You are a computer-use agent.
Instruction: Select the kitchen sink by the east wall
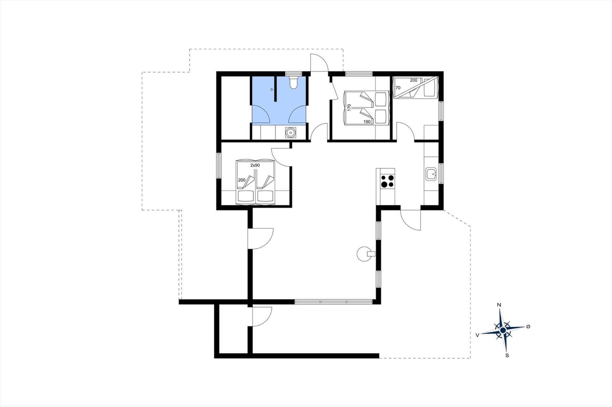[431, 174]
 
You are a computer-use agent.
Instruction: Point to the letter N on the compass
[499, 305]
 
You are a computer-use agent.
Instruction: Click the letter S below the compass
[507, 355]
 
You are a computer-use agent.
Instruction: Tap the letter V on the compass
[477, 335]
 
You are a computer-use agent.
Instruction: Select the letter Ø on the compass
[528, 326]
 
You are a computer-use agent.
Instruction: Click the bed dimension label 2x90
[255, 165]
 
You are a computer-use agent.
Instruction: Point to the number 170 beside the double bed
[349, 108]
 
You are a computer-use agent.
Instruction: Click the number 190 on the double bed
[367, 122]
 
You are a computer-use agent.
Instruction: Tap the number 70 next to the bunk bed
[398, 88]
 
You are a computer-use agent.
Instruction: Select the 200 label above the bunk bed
[413, 80]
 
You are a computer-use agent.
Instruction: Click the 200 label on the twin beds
[242, 180]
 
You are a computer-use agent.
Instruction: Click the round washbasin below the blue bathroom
[290, 133]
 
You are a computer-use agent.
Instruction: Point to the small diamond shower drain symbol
[272, 89]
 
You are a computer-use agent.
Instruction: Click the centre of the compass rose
[503, 330]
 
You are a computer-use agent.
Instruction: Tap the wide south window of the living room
[334, 302]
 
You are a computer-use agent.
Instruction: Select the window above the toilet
[294, 74]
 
